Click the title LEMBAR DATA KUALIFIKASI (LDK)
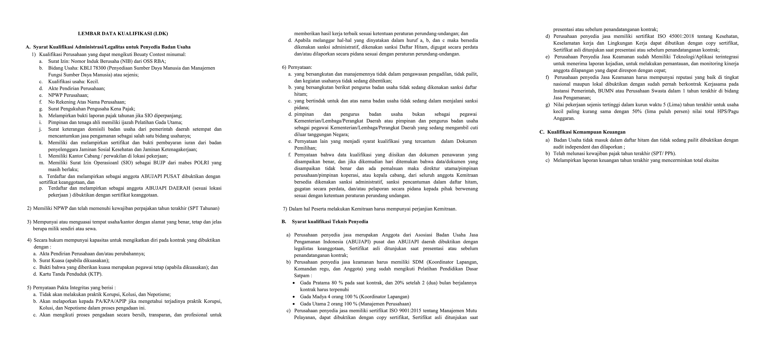click(x=123, y=34)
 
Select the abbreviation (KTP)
click(x=96, y=274)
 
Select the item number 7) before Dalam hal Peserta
click(x=285, y=209)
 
